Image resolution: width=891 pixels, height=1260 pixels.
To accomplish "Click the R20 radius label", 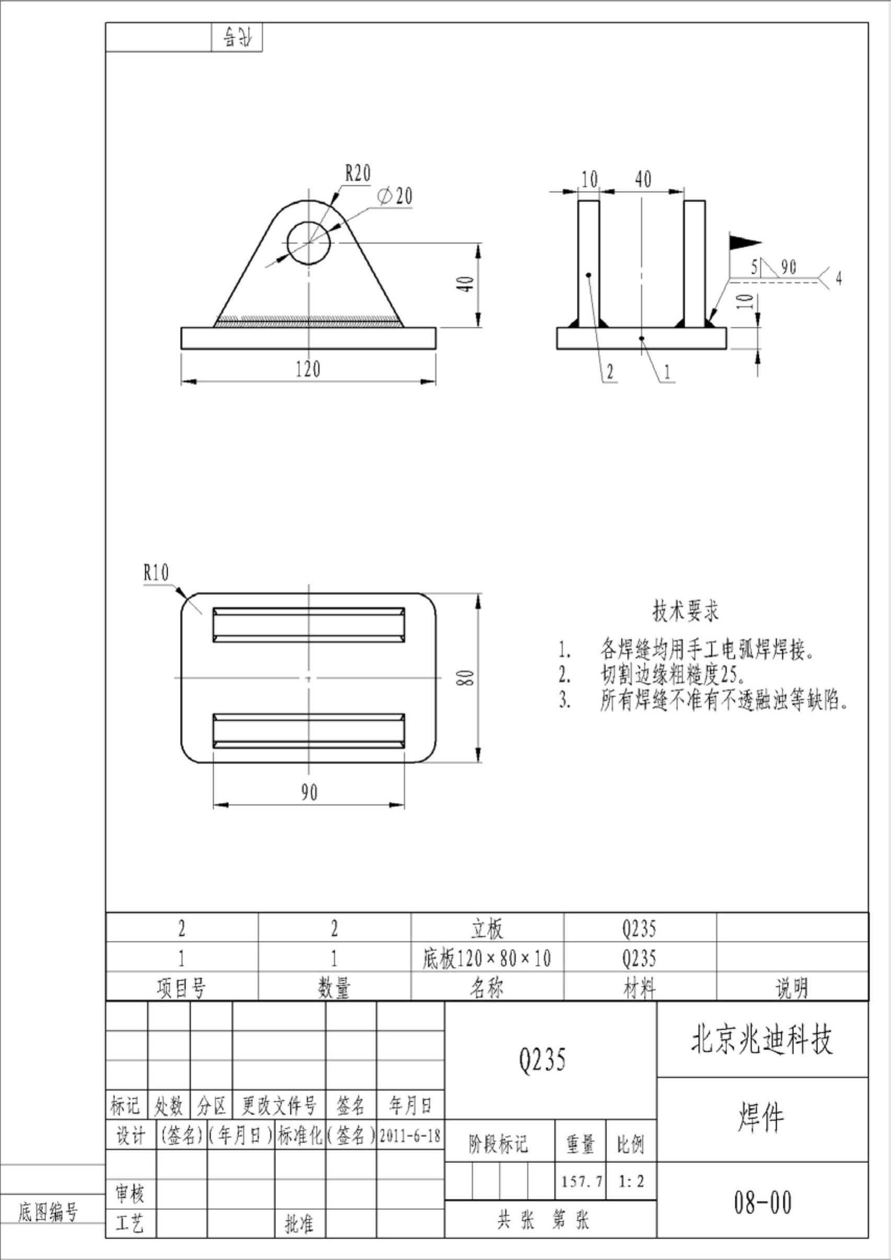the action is tap(357, 173).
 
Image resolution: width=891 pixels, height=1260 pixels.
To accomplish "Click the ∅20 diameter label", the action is tap(395, 196).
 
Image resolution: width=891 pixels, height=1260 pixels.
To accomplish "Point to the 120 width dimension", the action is tap(307, 369).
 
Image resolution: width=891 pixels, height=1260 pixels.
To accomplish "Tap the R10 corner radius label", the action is tap(156, 573).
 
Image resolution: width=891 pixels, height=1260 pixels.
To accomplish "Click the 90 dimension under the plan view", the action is tap(308, 792).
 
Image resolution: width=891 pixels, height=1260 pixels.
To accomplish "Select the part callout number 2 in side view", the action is tap(609, 372).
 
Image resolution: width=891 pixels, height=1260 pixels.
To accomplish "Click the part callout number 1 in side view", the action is tap(667, 372).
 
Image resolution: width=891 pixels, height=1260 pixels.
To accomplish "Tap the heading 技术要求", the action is tap(685, 611).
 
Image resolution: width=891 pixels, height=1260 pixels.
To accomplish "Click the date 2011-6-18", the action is tap(410, 1136).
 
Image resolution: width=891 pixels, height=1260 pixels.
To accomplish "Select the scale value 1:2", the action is tap(631, 1181).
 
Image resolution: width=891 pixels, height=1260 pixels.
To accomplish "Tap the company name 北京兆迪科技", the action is tap(762, 1040).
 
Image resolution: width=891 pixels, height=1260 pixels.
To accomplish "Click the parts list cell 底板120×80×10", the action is tap(487, 959).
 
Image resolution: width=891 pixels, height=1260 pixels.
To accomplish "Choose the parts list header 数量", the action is tap(334, 988).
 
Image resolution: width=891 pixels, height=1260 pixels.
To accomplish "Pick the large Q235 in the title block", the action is tap(542, 1059).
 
